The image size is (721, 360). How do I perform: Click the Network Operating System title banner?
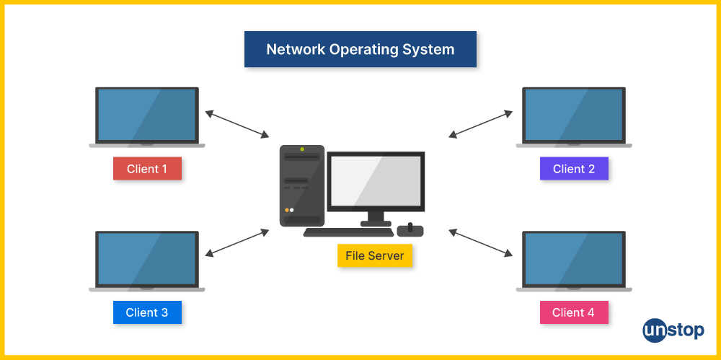[x=360, y=50]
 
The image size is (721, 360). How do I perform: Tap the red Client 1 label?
[x=147, y=169]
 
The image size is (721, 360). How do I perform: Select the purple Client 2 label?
[x=574, y=169]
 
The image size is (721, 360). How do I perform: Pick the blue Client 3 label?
[x=147, y=312]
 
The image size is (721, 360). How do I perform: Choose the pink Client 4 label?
[x=574, y=312]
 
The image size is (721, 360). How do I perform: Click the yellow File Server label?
[x=375, y=255]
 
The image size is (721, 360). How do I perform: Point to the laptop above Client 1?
[x=147, y=115]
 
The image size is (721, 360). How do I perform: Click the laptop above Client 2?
[x=574, y=115]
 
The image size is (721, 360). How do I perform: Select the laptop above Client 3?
[x=147, y=259]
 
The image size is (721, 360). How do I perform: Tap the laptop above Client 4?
[x=574, y=259]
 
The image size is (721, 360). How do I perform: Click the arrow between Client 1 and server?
[x=237, y=123]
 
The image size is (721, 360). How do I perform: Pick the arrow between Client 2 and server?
[x=481, y=123]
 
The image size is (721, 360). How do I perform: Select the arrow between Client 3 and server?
[x=237, y=242]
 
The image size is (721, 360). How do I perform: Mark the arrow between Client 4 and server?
[x=481, y=242]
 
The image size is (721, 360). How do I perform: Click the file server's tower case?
[x=302, y=186]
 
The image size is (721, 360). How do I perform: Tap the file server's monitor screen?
[x=376, y=180]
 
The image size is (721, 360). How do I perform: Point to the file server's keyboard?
[x=348, y=232]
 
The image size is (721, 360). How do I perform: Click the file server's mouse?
[x=410, y=230]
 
